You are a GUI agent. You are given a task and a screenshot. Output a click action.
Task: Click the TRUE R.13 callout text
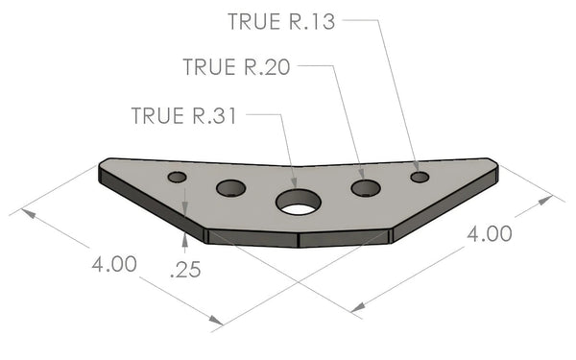281,21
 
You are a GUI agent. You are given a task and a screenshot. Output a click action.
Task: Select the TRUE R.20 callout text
236,67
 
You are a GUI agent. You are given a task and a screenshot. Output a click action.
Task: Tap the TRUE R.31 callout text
183,115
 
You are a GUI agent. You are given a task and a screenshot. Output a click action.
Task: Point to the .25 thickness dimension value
185,269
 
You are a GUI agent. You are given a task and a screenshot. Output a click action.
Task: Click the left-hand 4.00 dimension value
114,264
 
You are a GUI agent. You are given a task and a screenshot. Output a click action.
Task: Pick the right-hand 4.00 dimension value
490,233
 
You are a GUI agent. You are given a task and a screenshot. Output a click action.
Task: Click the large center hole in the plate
299,202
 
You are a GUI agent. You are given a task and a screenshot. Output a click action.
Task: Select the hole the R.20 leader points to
366,188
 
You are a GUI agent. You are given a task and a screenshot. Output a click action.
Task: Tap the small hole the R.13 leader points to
420,178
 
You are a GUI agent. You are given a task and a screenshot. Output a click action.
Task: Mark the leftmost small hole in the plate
177,177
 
